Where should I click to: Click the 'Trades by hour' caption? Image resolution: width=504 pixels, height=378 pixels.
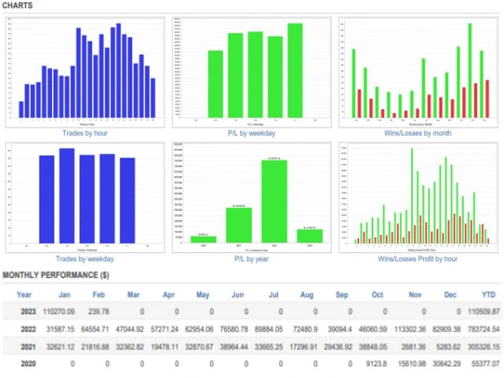[86, 133]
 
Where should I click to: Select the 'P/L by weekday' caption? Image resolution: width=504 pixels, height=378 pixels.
[250, 133]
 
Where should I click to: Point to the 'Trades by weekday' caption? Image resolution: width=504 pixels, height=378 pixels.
[86, 259]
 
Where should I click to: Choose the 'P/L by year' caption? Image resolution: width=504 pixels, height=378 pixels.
[250, 259]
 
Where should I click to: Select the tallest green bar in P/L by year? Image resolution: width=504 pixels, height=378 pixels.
[274, 201]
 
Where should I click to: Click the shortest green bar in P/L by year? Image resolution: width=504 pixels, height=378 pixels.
[203, 239]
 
